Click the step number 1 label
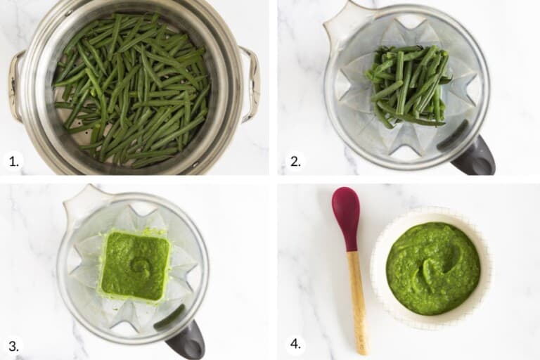13,162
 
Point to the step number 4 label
296,345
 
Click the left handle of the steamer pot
15,84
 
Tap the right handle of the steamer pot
250,83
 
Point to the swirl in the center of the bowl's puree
430,269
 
